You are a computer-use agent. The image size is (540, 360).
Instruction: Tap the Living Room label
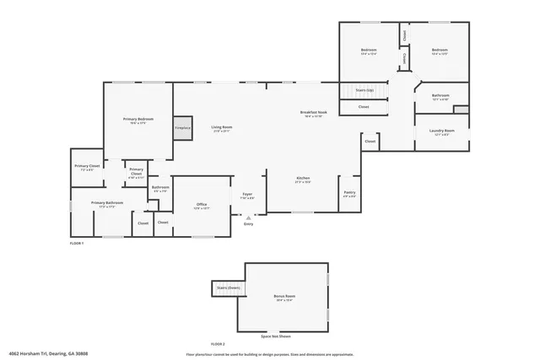click(222, 127)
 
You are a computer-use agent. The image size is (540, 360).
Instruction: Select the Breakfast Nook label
click(313, 113)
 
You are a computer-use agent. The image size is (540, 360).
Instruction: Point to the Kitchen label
click(303, 178)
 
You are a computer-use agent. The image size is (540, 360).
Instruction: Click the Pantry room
click(349, 194)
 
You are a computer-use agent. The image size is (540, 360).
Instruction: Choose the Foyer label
click(247, 194)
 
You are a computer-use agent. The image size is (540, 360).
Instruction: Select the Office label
click(202, 204)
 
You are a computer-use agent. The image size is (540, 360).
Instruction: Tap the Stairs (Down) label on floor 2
click(228, 287)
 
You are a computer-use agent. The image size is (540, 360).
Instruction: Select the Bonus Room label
click(284, 297)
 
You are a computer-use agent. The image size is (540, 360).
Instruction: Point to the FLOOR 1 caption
click(77, 243)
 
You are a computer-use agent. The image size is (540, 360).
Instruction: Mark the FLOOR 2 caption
click(218, 344)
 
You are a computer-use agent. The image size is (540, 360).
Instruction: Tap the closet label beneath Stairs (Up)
click(364, 107)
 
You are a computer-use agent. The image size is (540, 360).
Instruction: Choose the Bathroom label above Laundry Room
click(440, 95)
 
